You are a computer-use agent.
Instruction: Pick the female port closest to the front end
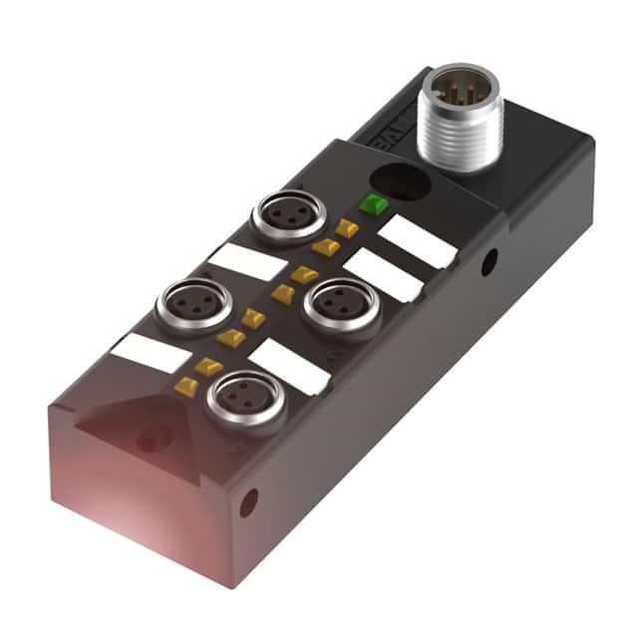(245, 401)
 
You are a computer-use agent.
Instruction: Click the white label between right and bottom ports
(289, 367)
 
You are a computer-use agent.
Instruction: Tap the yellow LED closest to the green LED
(347, 229)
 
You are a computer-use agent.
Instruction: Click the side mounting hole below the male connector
(488, 262)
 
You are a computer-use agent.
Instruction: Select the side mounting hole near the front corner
(247, 503)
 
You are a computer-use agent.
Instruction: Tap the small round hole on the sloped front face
(152, 439)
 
